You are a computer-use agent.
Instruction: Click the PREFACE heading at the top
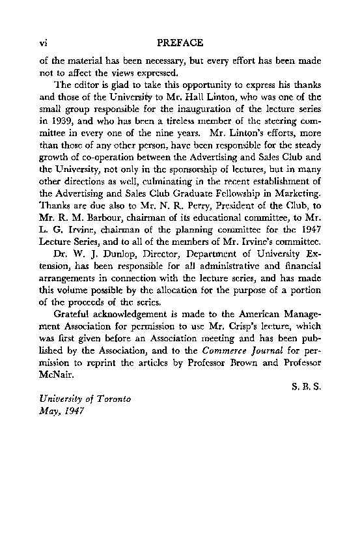180,43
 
